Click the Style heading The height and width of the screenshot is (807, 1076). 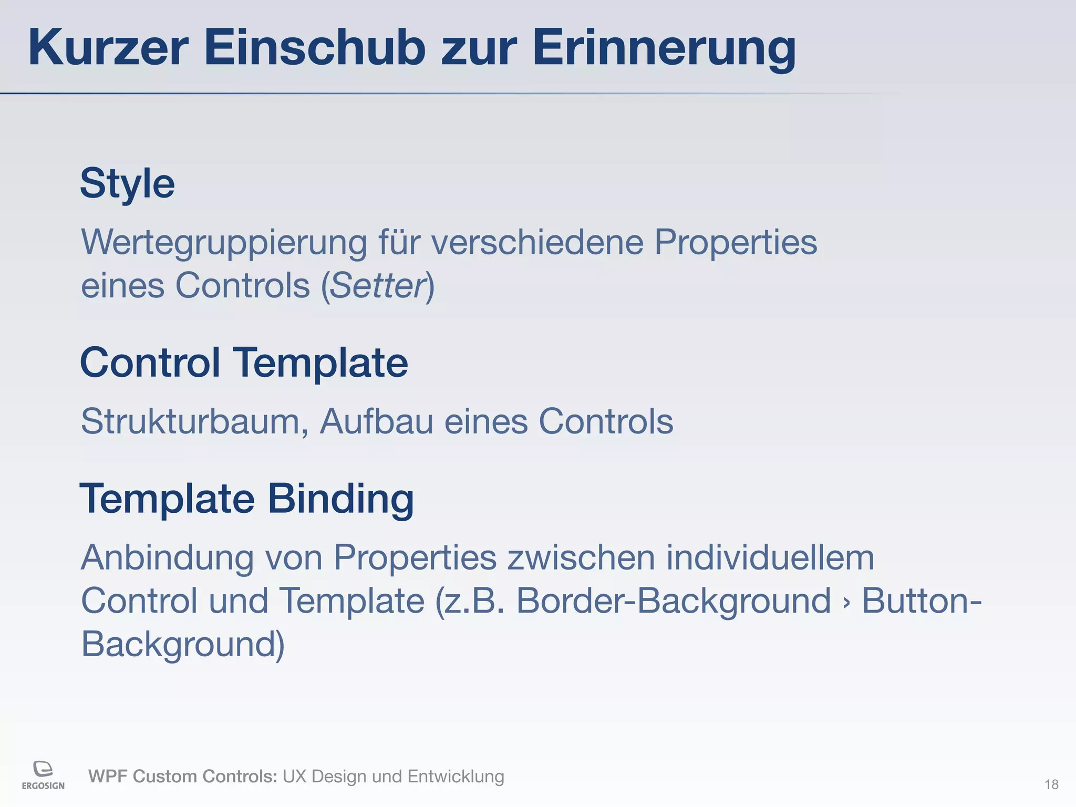(x=127, y=184)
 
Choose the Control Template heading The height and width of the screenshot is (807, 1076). (x=244, y=363)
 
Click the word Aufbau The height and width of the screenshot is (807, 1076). (x=377, y=421)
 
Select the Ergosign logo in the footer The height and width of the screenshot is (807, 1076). (x=43, y=774)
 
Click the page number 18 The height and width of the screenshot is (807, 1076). (x=1051, y=784)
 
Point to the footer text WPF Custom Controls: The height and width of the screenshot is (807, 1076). (x=182, y=776)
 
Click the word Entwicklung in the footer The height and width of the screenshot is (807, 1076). (x=456, y=776)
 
